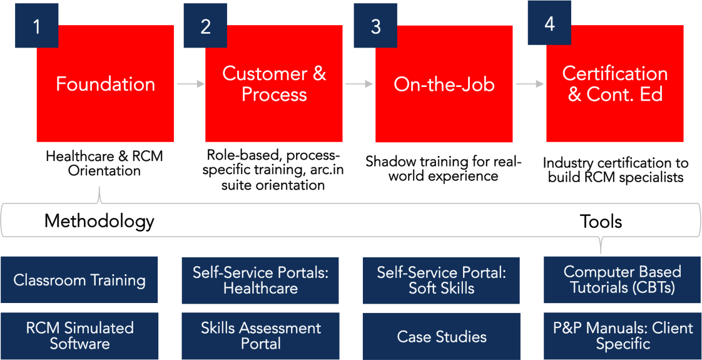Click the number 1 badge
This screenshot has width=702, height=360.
point(37,26)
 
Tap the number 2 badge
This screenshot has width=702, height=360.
point(205,26)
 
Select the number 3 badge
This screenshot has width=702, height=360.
point(375,26)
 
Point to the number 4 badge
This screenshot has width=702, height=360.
point(549,23)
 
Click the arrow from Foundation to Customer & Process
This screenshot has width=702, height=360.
point(190,84)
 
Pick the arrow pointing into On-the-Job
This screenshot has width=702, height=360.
point(359,84)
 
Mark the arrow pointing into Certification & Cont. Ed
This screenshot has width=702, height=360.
point(530,84)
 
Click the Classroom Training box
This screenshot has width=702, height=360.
point(79,280)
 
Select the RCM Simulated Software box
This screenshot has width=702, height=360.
point(79,336)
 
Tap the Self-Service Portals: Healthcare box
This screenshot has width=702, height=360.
point(260,280)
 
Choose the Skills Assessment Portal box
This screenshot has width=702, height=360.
point(260,336)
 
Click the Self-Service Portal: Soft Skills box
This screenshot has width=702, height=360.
point(441,280)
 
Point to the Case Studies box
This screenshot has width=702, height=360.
point(441,337)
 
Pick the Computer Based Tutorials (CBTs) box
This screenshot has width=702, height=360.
point(622,280)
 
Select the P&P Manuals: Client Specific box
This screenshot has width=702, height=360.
point(622,336)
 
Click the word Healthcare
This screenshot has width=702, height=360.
point(260,289)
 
